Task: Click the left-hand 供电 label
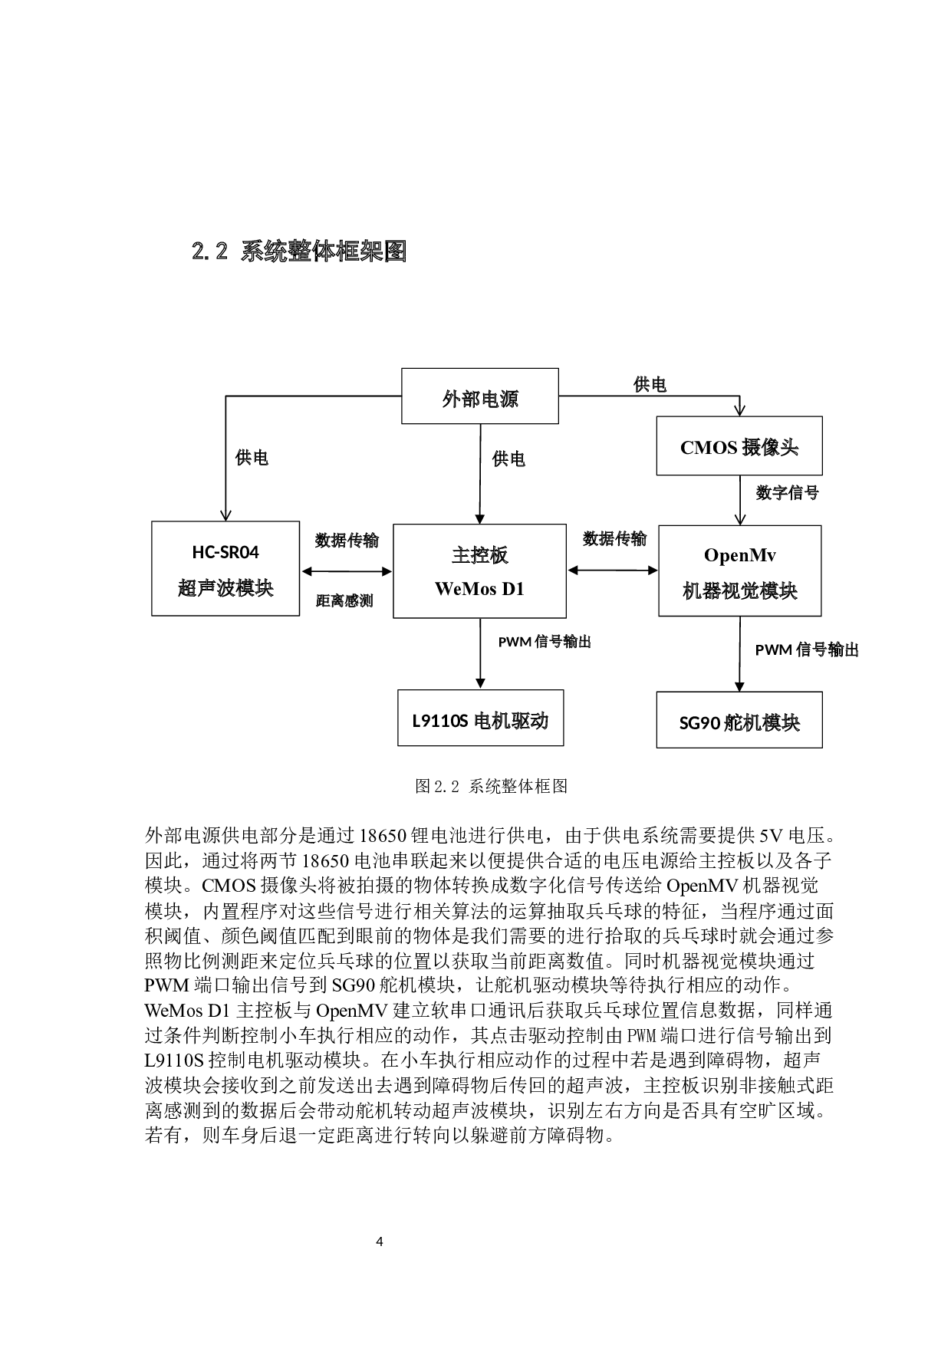pyautogui.click(x=252, y=458)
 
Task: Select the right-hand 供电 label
pyautogui.click(x=508, y=459)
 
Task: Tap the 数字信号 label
pyautogui.click(x=787, y=493)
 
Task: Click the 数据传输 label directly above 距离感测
pyautogui.click(x=347, y=541)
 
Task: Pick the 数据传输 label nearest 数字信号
pyautogui.click(x=614, y=539)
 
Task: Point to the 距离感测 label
pyautogui.click(x=344, y=601)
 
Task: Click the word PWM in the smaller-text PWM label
pyautogui.click(x=515, y=642)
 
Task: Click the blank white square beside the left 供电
pyautogui.click(x=209, y=460)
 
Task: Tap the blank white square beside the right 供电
pyautogui.click(x=466, y=462)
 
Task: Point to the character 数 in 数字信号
pyautogui.click(x=763, y=493)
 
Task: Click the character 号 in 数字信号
pyautogui.click(x=811, y=493)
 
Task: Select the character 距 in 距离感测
pyautogui.click(x=323, y=601)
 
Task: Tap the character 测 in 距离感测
pyautogui.click(x=366, y=601)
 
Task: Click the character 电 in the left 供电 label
pyautogui.click(x=260, y=458)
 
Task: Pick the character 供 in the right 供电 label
pyautogui.click(x=500, y=459)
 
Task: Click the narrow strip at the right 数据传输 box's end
pyautogui.click(x=661, y=541)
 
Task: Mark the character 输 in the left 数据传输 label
pyautogui.click(x=371, y=541)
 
